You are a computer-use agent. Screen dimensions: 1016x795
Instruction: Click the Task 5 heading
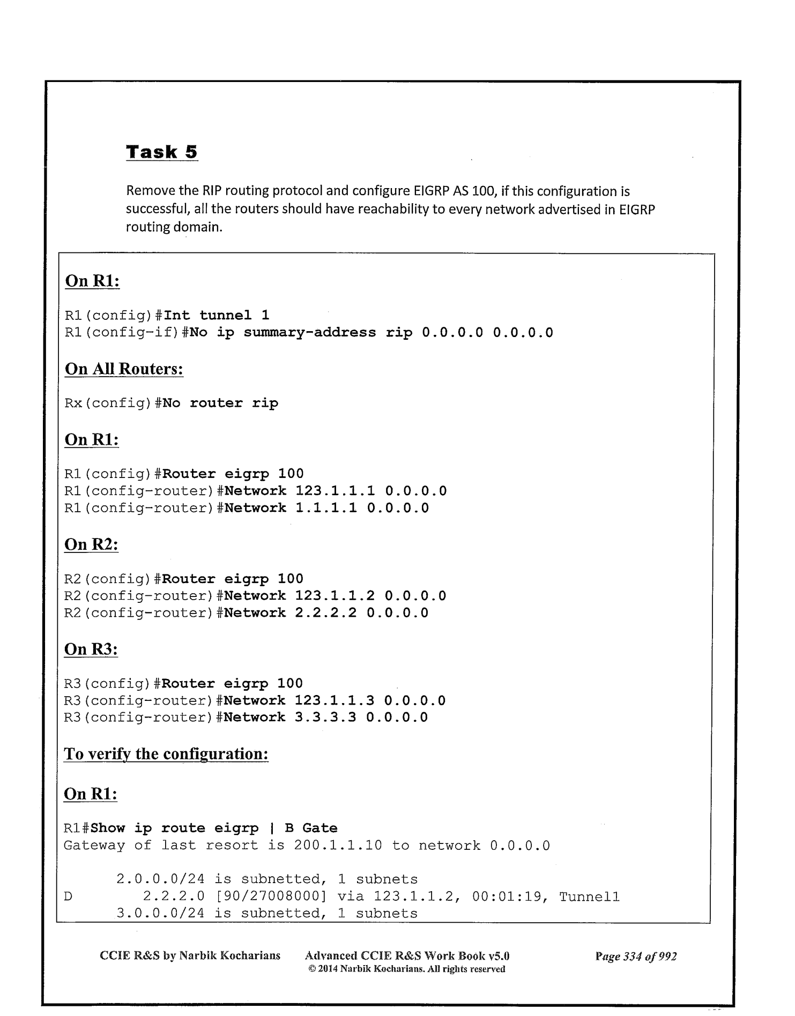(x=161, y=152)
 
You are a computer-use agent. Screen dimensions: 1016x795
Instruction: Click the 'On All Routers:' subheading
(x=124, y=369)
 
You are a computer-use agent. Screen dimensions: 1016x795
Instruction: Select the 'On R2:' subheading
(x=91, y=544)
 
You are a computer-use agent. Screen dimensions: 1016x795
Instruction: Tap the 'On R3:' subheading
(x=91, y=649)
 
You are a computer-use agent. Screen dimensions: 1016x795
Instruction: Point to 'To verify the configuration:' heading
(x=166, y=754)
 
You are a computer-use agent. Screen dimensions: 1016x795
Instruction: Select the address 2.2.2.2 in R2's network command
(x=326, y=612)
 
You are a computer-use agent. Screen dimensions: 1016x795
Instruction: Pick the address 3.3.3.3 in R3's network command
(x=325, y=718)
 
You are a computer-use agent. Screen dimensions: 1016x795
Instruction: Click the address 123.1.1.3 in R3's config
(x=335, y=700)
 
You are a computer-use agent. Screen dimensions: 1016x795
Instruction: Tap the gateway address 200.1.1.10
(x=338, y=846)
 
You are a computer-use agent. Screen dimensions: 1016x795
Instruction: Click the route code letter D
(x=68, y=897)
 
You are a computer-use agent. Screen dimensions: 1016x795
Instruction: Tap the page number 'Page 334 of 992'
(x=636, y=956)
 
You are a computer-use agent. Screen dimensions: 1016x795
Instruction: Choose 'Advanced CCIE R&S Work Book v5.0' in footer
(x=407, y=956)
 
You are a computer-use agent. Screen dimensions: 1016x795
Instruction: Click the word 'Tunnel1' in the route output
(x=589, y=897)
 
